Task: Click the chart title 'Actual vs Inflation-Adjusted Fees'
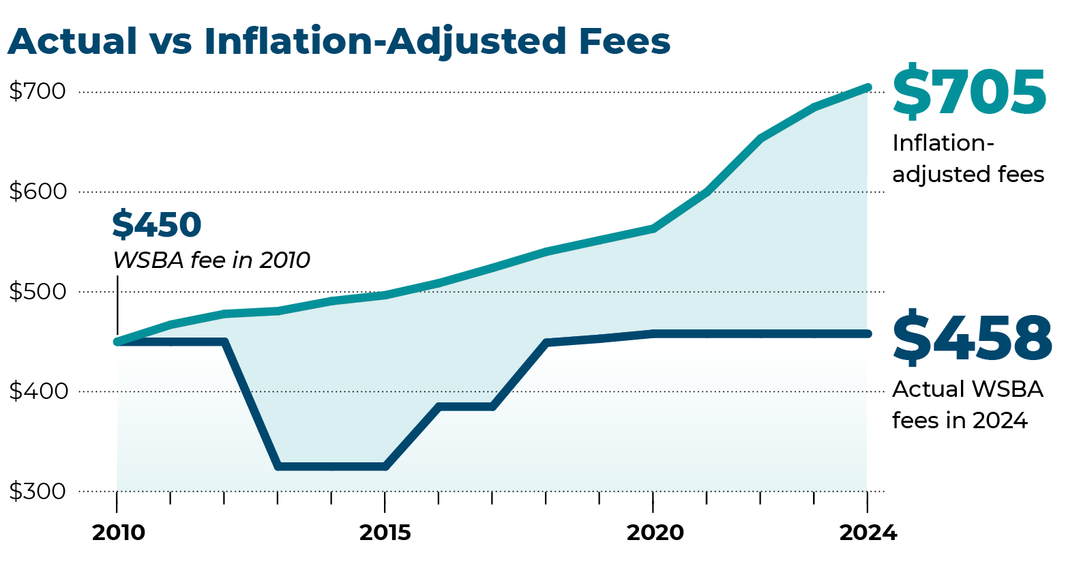click(339, 41)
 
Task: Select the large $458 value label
click(972, 338)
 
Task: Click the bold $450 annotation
click(157, 224)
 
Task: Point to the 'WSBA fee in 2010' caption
click(211, 260)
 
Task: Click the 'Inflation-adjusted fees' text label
click(968, 158)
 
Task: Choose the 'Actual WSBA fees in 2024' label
click(967, 404)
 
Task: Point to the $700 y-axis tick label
click(38, 91)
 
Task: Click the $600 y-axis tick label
click(38, 191)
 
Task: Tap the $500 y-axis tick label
click(38, 291)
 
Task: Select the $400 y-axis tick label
click(38, 391)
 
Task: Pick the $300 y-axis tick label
click(38, 491)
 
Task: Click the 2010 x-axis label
click(118, 533)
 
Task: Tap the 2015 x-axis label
click(385, 533)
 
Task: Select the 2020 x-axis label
click(654, 533)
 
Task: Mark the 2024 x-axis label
click(868, 533)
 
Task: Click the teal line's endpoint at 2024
click(868, 87)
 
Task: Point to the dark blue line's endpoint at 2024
click(868, 333)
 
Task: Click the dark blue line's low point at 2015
click(385, 467)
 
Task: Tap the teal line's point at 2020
click(653, 228)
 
